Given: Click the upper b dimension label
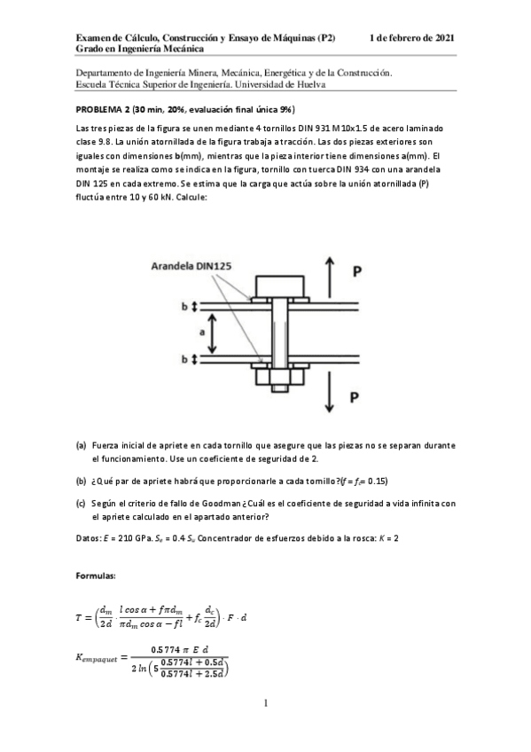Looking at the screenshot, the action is [x=185, y=306].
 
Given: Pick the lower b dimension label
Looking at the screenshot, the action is [x=185, y=359].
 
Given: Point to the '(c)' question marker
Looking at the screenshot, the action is [x=82, y=503].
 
